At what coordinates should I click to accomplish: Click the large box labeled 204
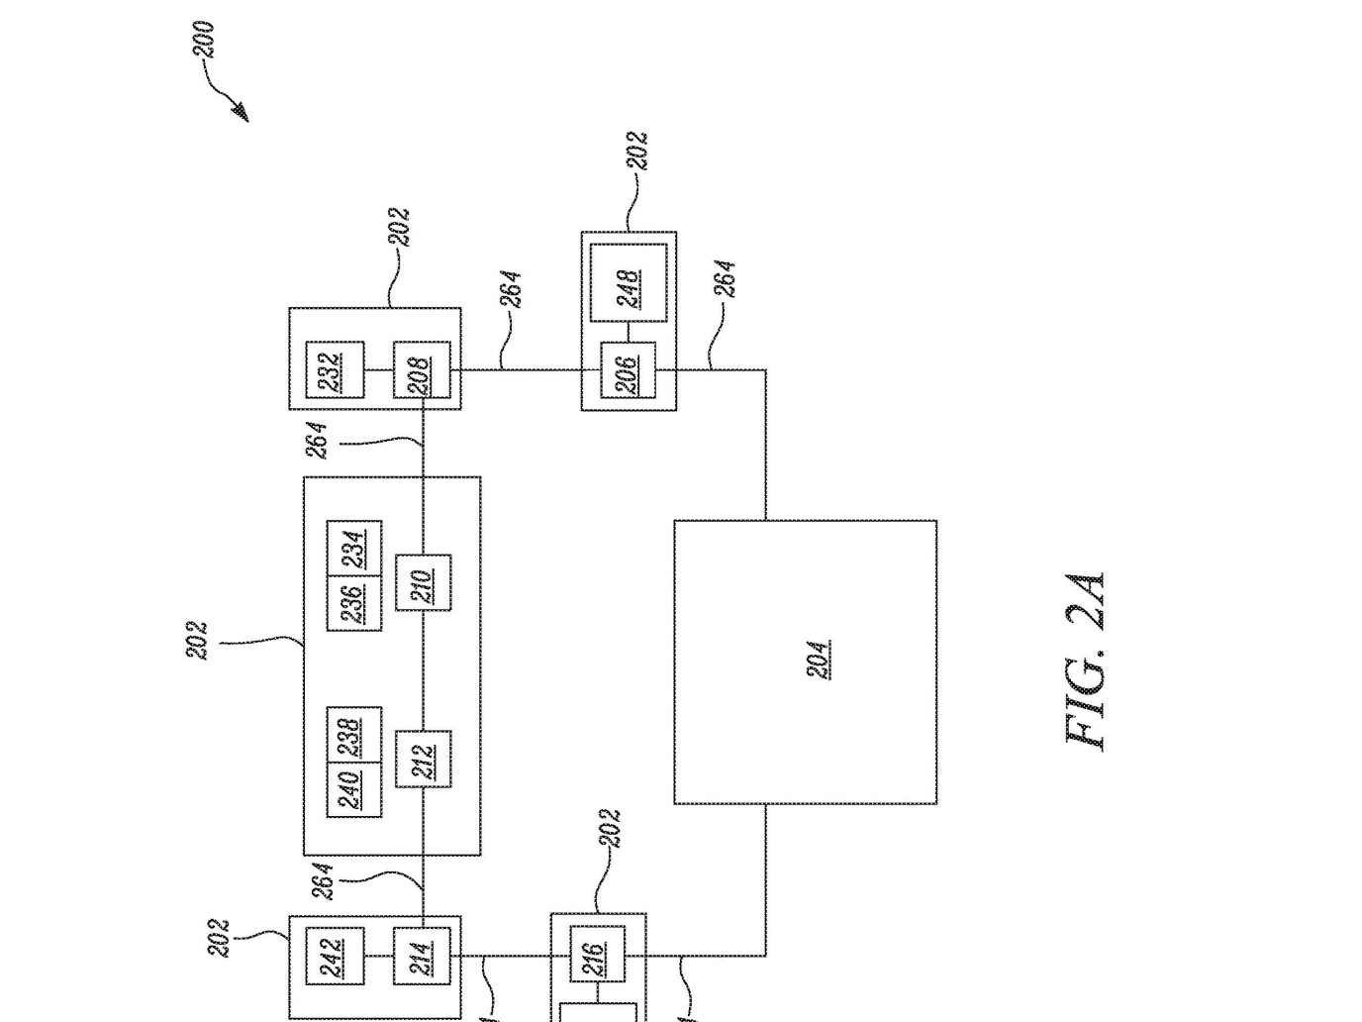coord(806,663)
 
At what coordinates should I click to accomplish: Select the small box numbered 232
coord(335,369)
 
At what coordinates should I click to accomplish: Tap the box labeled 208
coord(422,369)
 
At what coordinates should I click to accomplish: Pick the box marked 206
coord(628,369)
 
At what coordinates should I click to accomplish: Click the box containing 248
coord(629,282)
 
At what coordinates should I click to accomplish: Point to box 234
coord(354,548)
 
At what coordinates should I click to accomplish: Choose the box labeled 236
coord(354,603)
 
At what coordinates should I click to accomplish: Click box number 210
coord(424,582)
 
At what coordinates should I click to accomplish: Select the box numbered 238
coord(354,735)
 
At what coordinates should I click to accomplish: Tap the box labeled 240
coord(354,790)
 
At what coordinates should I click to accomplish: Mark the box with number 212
coord(424,759)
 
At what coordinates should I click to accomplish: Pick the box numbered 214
coord(422,956)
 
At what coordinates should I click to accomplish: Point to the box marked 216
coord(597,954)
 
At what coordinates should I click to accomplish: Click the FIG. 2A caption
coord(1085,662)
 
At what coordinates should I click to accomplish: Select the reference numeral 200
coord(204,39)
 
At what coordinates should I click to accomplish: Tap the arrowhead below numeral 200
coord(241,113)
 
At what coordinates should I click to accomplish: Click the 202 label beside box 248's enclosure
coord(637,151)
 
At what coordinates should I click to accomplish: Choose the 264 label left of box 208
coord(317,441)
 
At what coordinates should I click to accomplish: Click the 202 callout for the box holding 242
coord(219,938)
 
